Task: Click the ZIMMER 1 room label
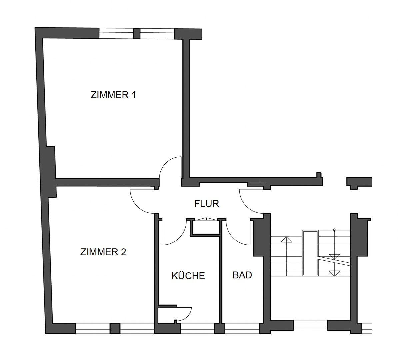[x=113, y=95]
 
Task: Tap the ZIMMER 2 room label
[x=103, y=252]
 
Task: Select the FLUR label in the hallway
[x=207, y=203]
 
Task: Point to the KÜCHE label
[x=188, y=276]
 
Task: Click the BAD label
[x=242, y=275]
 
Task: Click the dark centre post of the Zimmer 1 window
[x=136, y=34]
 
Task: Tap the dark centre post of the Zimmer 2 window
[x=115, y=328]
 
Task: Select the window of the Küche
[x=197, y=328]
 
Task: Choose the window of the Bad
[x=242, y=328]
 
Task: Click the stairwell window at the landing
[x=310, y=325]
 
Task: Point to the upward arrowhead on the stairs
[x=286, y=239]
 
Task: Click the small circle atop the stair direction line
[x=334, y=230]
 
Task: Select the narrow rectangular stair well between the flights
[x=310, y=253]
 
